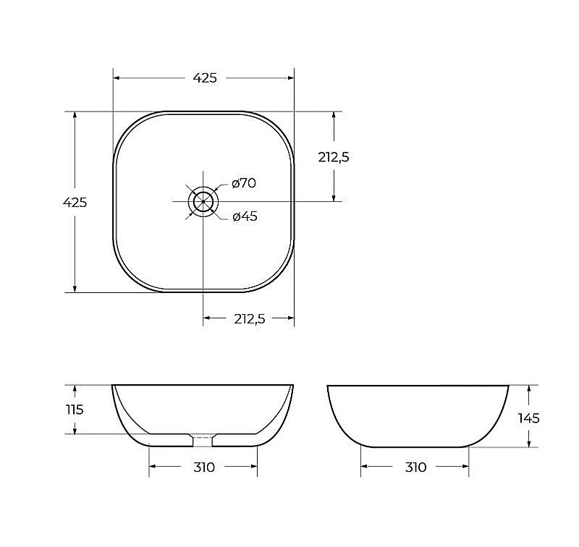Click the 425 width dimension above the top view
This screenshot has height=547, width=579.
tap(205, 78)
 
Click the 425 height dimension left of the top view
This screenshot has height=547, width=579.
tap(75, 203)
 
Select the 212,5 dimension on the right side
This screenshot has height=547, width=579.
tap(334, 157)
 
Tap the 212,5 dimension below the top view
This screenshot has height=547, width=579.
tap(250, 318)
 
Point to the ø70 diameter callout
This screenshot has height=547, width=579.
tap(244, 183)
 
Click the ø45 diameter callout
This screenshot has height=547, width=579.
tap(245, 216)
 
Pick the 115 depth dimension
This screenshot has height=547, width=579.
tap(75, 410)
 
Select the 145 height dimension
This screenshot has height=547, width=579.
tap(529, 418)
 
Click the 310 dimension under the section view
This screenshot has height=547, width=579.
tap(204, 467)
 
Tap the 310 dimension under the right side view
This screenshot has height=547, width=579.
tap(415, 467)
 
